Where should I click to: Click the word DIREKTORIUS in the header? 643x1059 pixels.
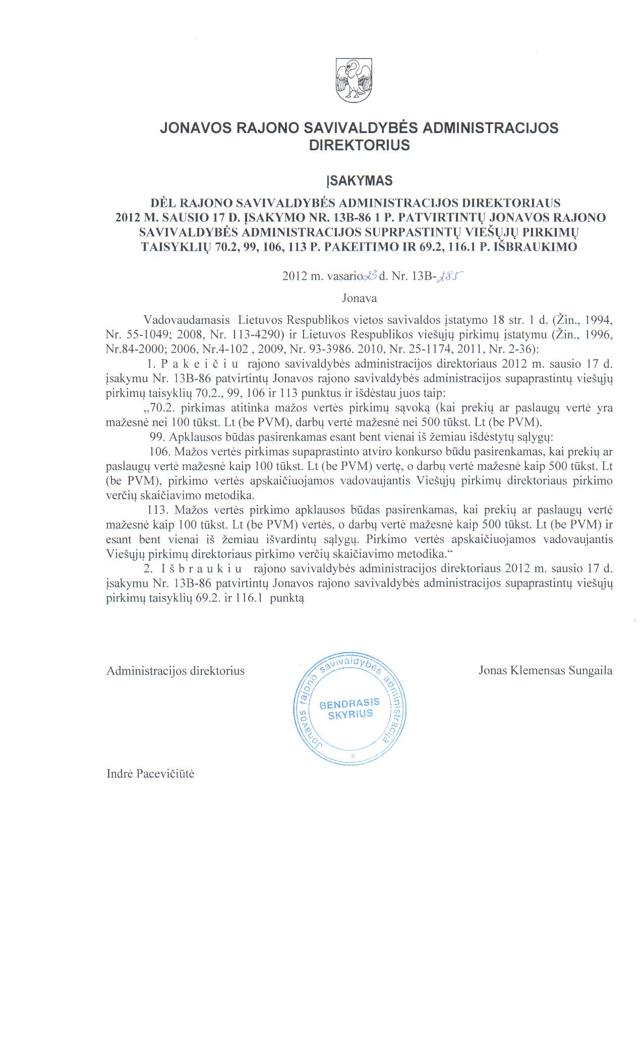(x=359, y=146)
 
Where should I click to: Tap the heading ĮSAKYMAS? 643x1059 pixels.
(x=359, y=181)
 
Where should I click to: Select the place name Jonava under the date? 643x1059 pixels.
(x=359, y=298)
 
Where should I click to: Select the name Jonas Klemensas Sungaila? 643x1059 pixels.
(x=545, y=671)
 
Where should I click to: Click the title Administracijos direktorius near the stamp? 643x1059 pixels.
(x=175, y=671)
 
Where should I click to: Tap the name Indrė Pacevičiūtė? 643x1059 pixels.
(x=150, y=774)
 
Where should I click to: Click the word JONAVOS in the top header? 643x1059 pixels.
(x=194, y=128)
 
